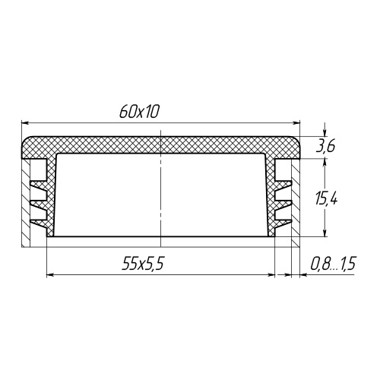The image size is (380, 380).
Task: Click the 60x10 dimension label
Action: [x=139, y=112]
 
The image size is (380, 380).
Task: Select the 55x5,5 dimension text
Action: [x=143, y=264]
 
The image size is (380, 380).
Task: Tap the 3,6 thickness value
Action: [x=325, y=147]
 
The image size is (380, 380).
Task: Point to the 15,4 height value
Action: [x=326, y=198]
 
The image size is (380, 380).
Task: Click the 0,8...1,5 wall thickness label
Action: [x=333, y=264]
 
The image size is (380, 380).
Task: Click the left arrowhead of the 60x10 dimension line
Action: [x=25, y=123]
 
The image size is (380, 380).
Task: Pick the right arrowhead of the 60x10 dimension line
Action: [x=296, y=123]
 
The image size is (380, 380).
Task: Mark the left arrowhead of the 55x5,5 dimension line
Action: [x=51, y=274]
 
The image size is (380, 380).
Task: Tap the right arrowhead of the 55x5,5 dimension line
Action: [x=271, y=274]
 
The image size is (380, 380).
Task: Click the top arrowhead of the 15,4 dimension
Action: [x=325, y=163]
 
